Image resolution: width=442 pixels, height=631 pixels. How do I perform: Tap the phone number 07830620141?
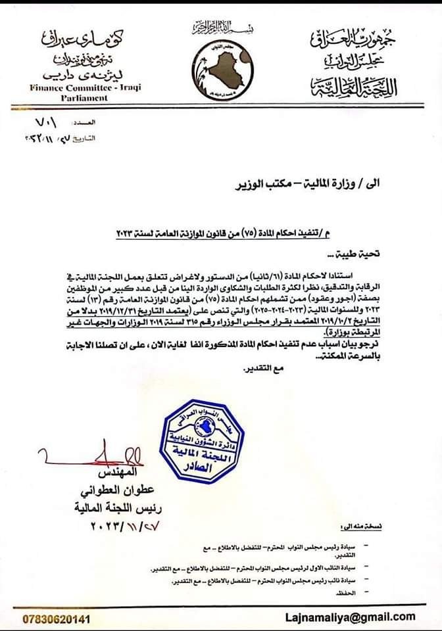pos(57,619)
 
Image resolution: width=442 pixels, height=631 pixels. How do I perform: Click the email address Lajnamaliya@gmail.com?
pos(360,617)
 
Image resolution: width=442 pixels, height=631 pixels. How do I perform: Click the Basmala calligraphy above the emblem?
pos(221,27)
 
